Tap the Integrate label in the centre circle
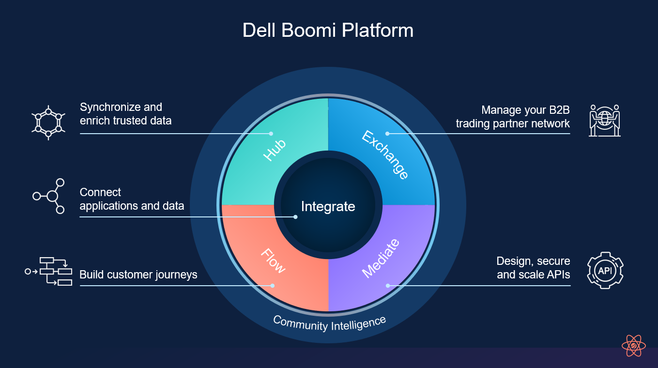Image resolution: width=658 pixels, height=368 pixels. point(328,207)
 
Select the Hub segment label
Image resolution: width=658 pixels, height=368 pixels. point(275,150)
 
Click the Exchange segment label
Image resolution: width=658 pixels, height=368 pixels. point(385,155)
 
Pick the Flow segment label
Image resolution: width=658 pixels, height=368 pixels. point(273,261)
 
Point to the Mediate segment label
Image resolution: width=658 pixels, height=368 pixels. point(381,258)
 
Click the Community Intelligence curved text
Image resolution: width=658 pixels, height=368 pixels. point(329,323)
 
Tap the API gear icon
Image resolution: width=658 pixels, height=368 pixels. point(605,271)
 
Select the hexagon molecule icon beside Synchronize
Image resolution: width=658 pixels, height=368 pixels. point(48,123)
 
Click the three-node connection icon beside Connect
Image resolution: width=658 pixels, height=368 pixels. point(49,196)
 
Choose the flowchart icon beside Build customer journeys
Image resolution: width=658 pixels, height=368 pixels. point(48,271)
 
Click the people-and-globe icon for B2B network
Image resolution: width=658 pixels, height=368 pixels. point(605,121)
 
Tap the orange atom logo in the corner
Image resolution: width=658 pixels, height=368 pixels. point(634,346)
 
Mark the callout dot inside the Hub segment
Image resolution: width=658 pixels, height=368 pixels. point(271,134)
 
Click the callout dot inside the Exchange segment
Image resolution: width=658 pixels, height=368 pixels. point(387,134)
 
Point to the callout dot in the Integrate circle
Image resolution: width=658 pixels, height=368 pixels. point(295,217)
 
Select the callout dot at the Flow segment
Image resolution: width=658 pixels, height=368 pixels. point(273,286)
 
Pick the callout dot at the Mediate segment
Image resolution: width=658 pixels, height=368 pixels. point(388,286)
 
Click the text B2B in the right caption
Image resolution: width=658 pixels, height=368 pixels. point(559,110)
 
